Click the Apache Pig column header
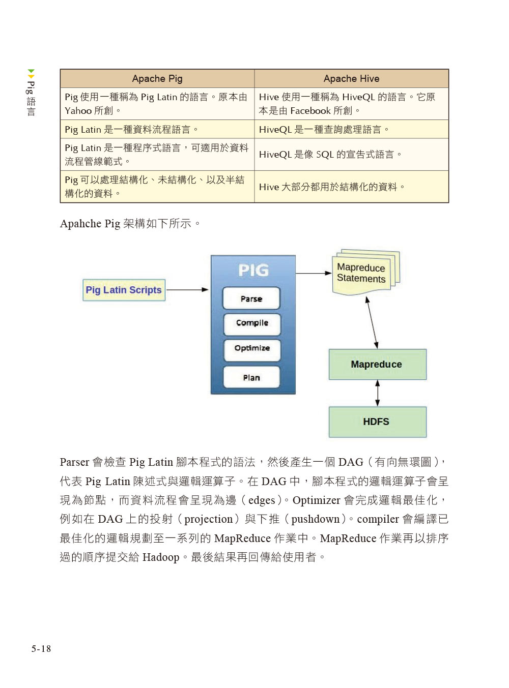coord(157,78)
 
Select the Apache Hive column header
coord(351,78)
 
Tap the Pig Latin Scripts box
coord(124,290)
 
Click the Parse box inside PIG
coord(251,298)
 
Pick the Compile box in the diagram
coord(252,323)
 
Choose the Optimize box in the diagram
coord(252,348)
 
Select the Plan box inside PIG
coord(251,377)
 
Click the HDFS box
coord(377,422)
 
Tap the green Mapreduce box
coord(377,364)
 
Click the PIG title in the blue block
coord(253,270)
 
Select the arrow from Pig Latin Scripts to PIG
coord(187,290)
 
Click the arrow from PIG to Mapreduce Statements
coord(314,273)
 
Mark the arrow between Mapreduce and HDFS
coord(377,393)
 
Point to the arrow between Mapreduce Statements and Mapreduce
coord(372,322)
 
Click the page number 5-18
coord(41,648)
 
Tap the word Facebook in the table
coord(310,111)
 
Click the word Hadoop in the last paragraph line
coord(161,557)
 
